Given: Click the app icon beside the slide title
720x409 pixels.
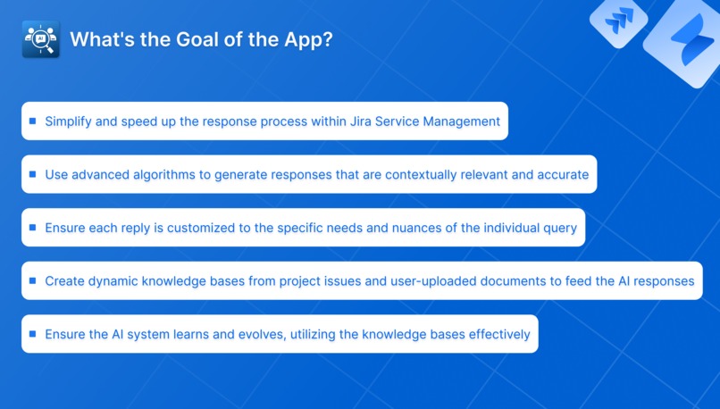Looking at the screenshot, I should [x=40, y=40].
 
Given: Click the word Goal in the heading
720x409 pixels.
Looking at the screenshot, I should [x=173, y=40].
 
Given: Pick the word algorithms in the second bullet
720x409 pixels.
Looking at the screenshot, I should [x=162, y=174].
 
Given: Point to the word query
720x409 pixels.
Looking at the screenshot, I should [x=557, y=228].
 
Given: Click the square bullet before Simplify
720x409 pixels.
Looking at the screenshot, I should [x=33, y=121].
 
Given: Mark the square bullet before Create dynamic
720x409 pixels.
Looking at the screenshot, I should [x=33, y=280].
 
